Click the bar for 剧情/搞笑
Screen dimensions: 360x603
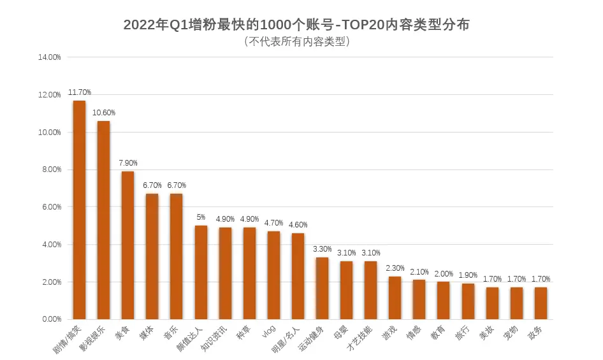[79, 210]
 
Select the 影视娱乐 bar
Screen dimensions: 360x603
[103, 220]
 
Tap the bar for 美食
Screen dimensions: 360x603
[127, 245]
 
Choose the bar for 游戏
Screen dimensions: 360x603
[395, 298]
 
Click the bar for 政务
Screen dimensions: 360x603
[541, 303]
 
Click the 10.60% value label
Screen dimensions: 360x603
[103, 113]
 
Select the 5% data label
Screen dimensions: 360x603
[201, 217]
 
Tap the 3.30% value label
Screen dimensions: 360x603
[322, 249]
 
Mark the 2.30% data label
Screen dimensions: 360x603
[395, 268]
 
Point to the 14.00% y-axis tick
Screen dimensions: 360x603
[49, 57]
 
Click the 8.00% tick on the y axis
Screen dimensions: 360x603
[50, 170]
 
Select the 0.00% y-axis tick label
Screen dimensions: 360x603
[50, 319]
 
